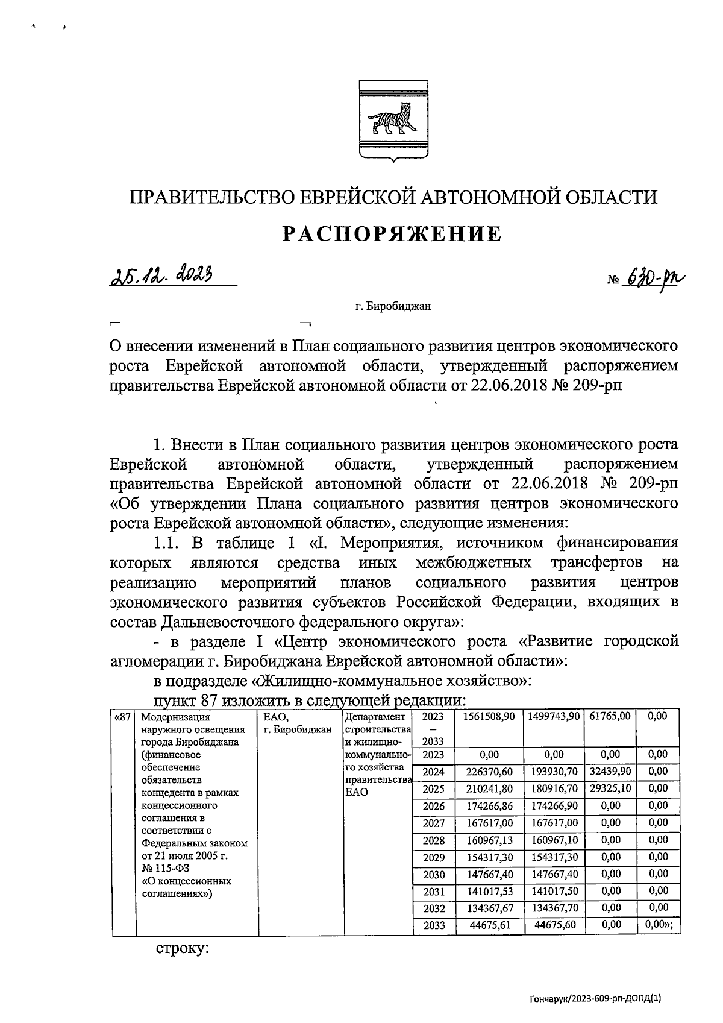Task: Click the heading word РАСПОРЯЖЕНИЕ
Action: click(x=393, y=233)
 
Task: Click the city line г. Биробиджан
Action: click(x=392, y=306)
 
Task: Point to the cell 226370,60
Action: click(x=489, y=772)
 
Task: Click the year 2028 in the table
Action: click(x=434, y=840)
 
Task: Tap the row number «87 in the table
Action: click(x=123, y=717)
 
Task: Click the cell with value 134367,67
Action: click(x=489, y=908)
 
